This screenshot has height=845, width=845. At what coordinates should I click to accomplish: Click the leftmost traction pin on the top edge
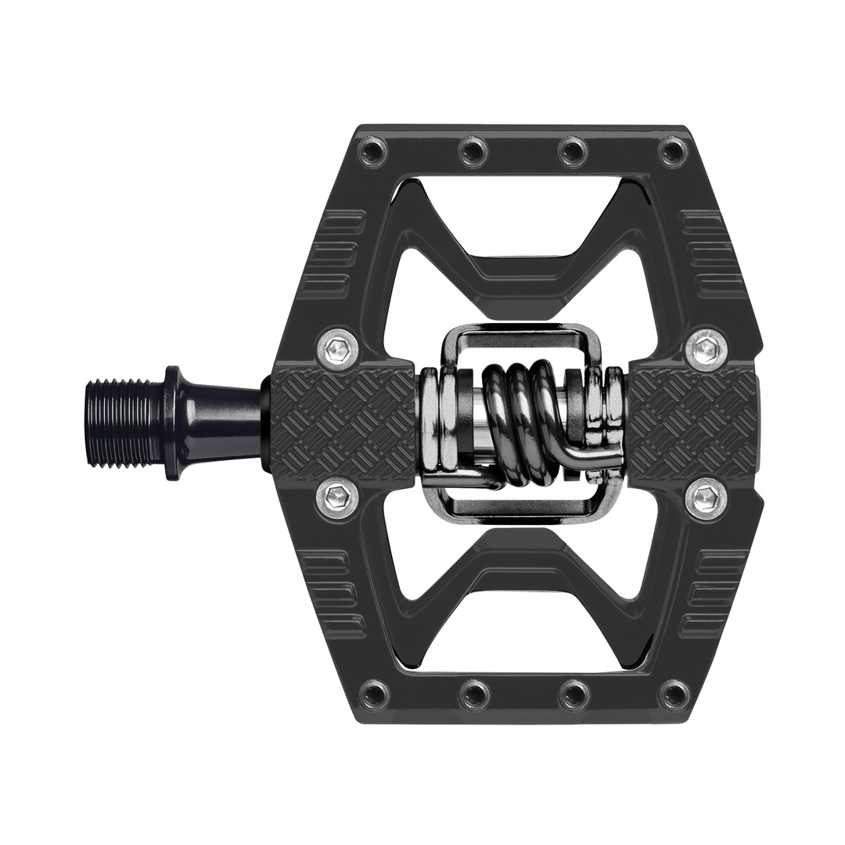pyautogui.click(x=373, y=149)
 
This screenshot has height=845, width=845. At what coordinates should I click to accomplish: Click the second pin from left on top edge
pyautogui.click(x=473, y=149)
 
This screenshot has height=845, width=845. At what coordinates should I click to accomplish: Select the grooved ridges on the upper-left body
pyautogui.click(x=333, y=250)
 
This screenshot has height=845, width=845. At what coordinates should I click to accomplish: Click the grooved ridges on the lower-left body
pyautogui.click(x=333, y=591)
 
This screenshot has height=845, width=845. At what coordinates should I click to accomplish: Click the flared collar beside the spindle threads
pyautogui.click(x=174, y=422)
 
